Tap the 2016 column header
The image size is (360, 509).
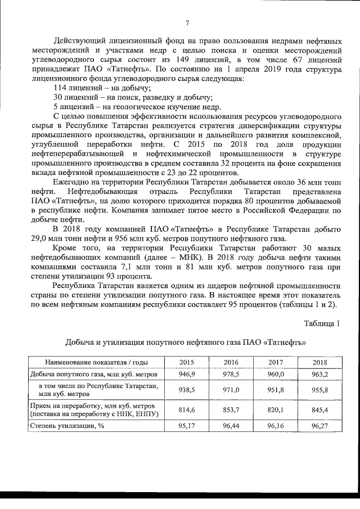tap(231, 363)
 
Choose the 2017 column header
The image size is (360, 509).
tap(276, 363)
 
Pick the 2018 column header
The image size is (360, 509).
tap(319, 363)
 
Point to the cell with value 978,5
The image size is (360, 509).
tap(231, 373)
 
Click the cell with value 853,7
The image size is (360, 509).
tap(231, 410)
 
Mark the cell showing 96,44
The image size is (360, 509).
tap(231, 426)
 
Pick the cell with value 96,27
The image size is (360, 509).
tap(319, 426)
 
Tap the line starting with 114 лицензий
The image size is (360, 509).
tap(101, 88)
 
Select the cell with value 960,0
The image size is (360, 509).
tap(276, 373)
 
